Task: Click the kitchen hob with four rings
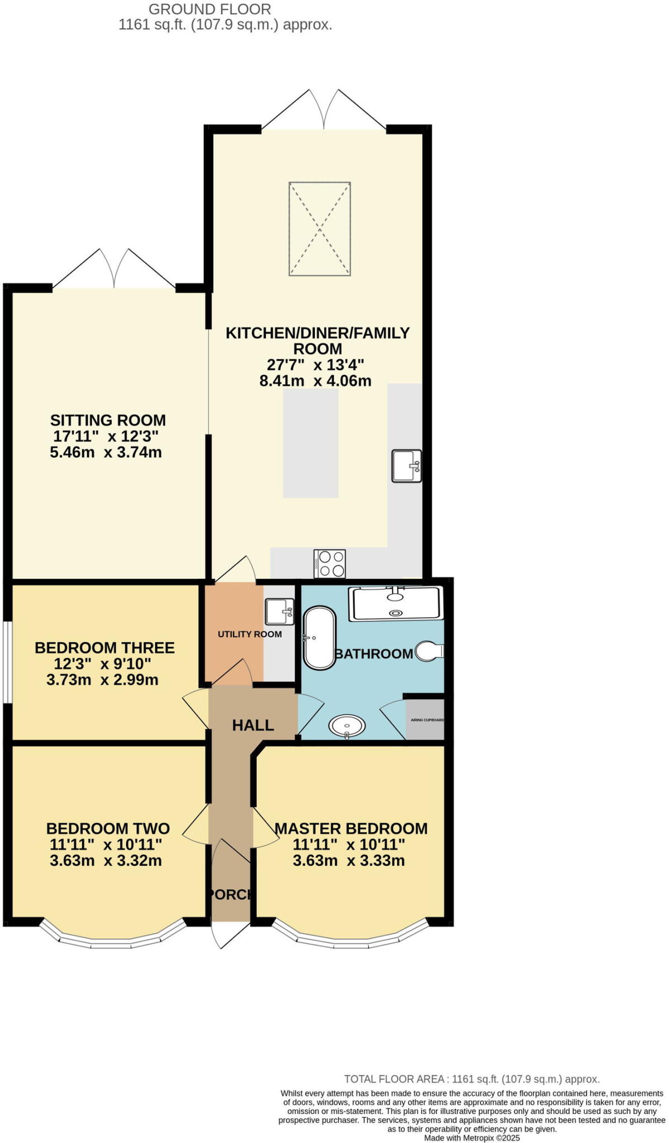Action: point(329,564)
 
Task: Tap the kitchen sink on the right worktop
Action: point(406,466)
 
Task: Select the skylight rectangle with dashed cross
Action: point(319,228)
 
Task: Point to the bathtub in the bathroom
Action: point(319,637)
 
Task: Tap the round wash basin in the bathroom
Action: point(347,726)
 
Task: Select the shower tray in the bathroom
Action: point(395,604)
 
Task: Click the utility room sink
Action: point(279,612)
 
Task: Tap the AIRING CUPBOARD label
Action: point(427,720)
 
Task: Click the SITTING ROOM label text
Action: point(108,420)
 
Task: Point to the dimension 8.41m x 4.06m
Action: point(316,381)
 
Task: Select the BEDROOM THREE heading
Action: point(104,648)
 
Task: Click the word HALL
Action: point(253,725)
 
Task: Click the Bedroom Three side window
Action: point(7,662)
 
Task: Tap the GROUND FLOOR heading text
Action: point(209,9)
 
